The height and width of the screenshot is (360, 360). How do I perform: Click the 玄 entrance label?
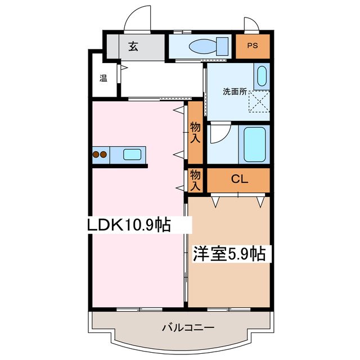133,46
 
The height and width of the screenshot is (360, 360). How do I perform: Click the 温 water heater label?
103,78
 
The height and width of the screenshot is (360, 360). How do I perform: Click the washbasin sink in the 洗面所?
261,76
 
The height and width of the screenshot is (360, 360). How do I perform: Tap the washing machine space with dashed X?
259,101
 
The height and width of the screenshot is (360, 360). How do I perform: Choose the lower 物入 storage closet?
195,179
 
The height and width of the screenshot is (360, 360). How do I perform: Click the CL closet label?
240,180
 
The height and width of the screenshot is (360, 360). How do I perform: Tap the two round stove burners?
100,154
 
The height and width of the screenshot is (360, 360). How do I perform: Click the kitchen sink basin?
133,154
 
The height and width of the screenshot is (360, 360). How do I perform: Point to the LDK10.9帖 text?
129,225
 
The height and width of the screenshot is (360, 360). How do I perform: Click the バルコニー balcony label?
181,328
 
